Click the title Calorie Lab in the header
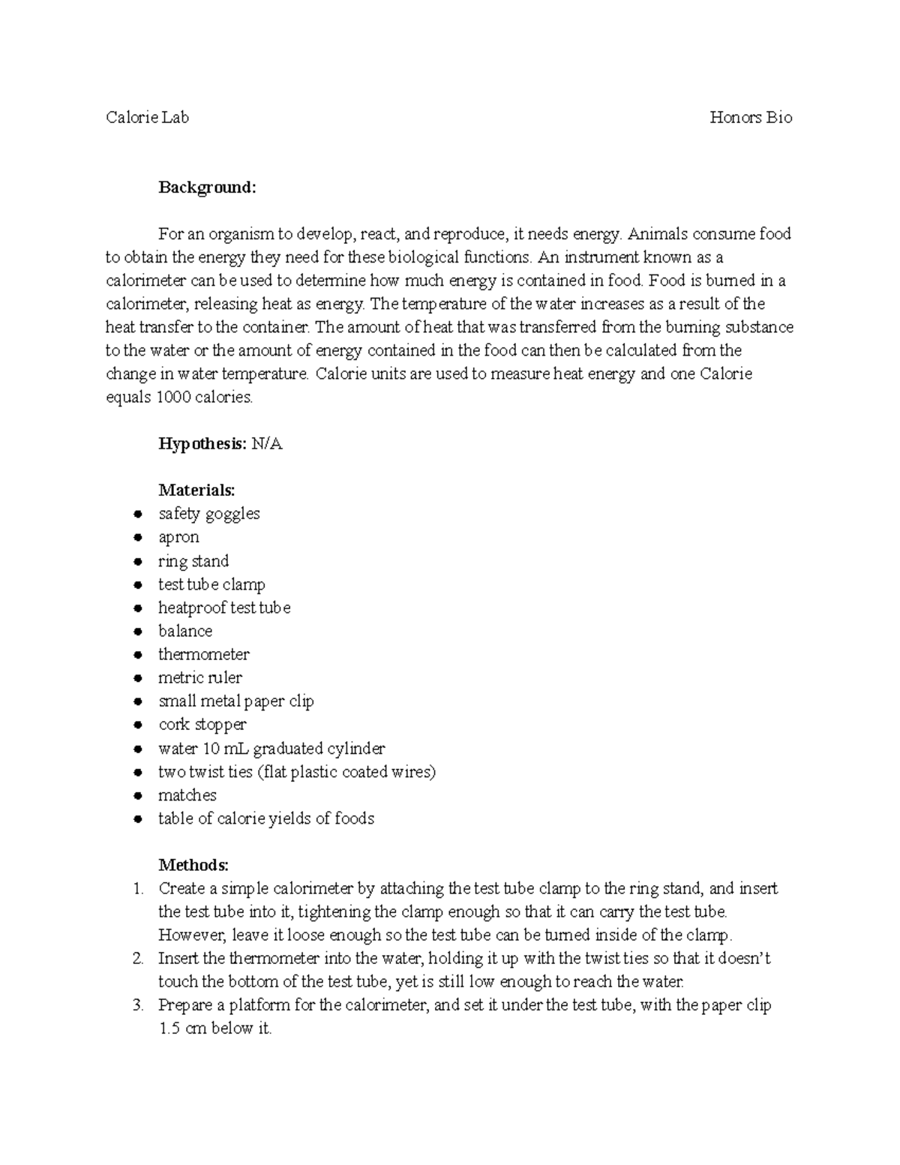(147, 117)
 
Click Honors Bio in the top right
(751, 117)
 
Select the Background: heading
(207, 187)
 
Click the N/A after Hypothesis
(267, 444)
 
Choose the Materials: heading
(196, 491)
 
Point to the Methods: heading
(193, 865)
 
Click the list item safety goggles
(208, 514)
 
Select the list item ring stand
(193, 561)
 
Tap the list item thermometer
(203, 654)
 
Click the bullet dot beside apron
(137, 538)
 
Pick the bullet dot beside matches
(137, 796)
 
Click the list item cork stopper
(202, 725)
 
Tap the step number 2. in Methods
(137, 959)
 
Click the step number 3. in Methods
(137, 1005)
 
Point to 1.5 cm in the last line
(182, 1029)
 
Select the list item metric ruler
(199, 678)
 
